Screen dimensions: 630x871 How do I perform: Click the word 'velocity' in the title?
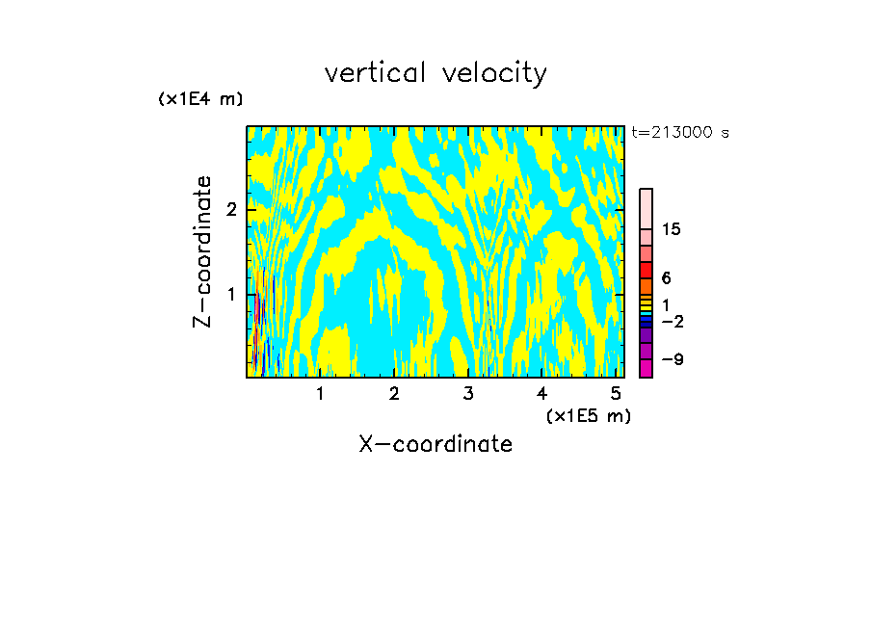pyautogui.click(x=498, y=74)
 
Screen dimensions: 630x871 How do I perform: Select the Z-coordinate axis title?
pyautogui.click(x=203, y=251)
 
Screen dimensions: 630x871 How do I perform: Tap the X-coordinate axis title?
pyautogui.click(x=435, y=444)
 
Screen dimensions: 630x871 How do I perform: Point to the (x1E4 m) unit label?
pyautogui.click(x=200, y=99)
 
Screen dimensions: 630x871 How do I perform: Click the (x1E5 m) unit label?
pyautogui.click(x=588, y=415)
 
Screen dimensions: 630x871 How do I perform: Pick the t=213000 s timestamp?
pyautogui.click(x=680, y=133)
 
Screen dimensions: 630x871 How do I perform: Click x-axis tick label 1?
pyautogui.click(x=320, y=393)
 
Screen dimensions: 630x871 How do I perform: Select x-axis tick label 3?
pyautogui.click(x=468, y=393)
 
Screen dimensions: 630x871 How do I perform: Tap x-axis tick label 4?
pyautogui.click(x=541, y=393)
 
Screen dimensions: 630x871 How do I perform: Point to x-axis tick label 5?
pyautogui.click(x=616, y=393)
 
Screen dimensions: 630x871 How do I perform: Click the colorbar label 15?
pyautogui.click(x=672, y=229)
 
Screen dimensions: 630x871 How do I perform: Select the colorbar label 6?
pyautogui.click(x=666, y=278)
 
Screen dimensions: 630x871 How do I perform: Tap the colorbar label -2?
pyautogui.click(x=672, y=322)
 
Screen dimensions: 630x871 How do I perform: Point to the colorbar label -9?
pyautogui.click(x=672, y=360)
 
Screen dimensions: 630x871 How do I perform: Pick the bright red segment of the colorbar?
pyautogui.click(x=647, y=270)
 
